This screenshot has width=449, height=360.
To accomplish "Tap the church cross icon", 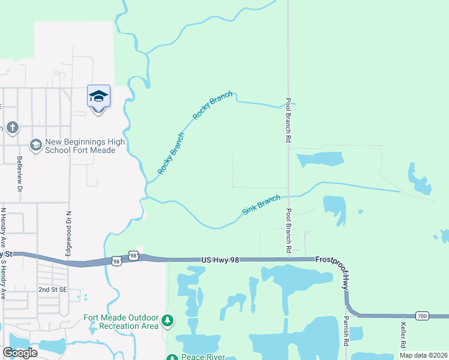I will click(13, 128).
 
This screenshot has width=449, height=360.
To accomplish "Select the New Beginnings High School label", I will click(80, 145).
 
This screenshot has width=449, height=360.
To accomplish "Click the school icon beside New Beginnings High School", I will click(35, 145).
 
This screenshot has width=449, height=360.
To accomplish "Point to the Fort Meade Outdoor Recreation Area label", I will click(121, 321).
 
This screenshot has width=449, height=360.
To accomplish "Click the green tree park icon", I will click(167, 321).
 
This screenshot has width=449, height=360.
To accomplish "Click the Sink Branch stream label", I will click(262, 205).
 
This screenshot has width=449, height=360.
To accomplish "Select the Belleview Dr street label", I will click(19, 174).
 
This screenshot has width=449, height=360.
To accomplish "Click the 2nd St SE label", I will click(53, 289).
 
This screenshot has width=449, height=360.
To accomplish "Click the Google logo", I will click(20, 353).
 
